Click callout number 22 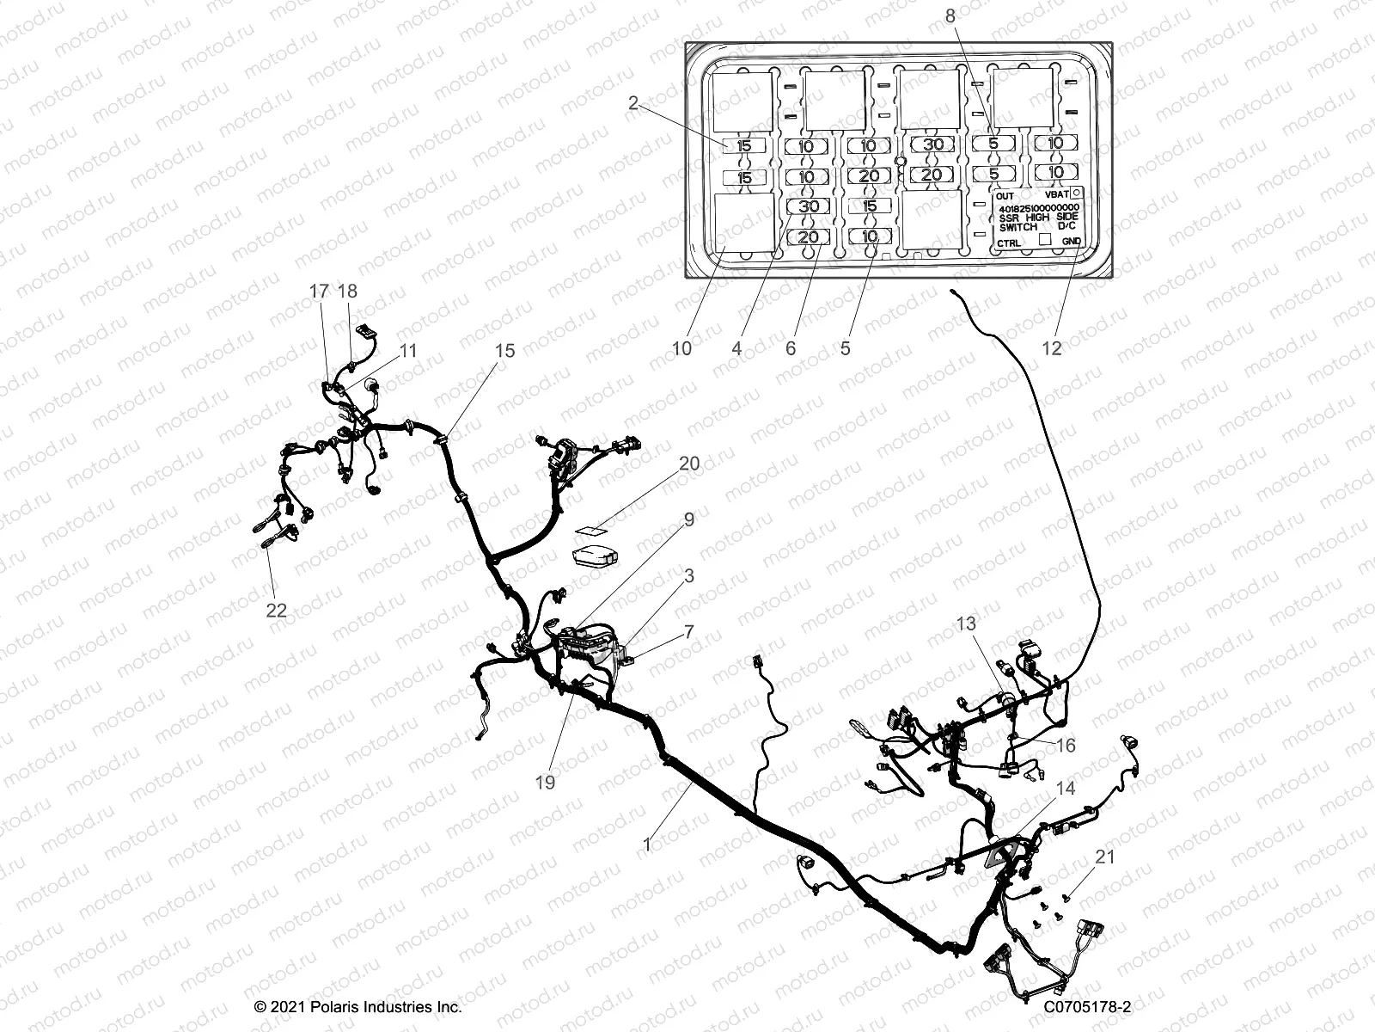click(x=276, y=611)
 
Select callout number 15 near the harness click(x=504, y=350)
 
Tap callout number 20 click(x=689, y=464)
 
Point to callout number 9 click(x=689, y=519)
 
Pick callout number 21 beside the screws click(x=1105, y=857)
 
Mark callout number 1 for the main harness click(x=647, y=845)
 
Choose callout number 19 click(x=545, y=782)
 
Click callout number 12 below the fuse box click(x=1052, y=348)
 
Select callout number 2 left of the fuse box click(x=633, y=103)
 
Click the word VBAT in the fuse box click(x=1057, y=196)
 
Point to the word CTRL click(x=1010, y=243)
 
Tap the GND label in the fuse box click(x=1071, y=243)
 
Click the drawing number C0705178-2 click(x=1088, y=1007)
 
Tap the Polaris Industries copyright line click(x=358, y=1007)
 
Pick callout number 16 click(x=1065, y=746)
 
